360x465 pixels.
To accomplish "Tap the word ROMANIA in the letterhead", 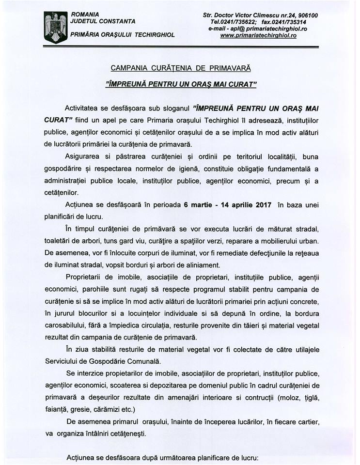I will click(x=85, y=15).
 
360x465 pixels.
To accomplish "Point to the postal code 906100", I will click(x=307, y=15).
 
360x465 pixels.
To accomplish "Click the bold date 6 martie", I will click(x=199, y=205).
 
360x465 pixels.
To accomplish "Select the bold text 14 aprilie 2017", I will click(x=244, y=205).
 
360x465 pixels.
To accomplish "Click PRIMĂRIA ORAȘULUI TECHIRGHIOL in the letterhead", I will click(x=123, y=35).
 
